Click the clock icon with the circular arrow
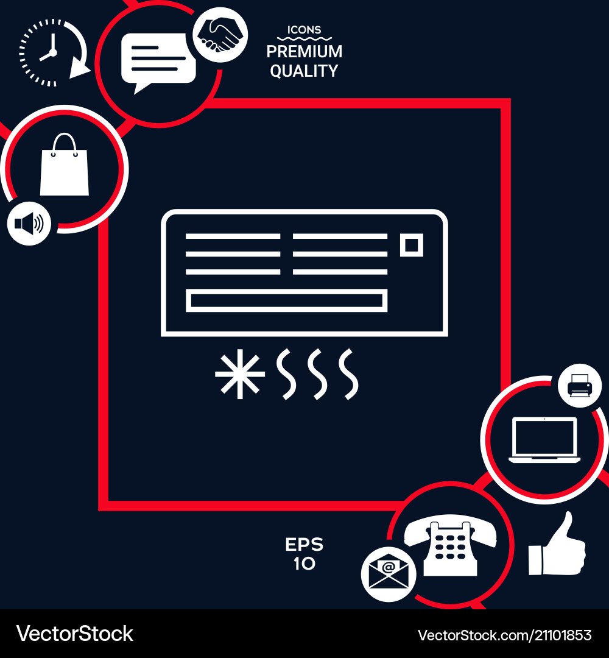coord(53,53)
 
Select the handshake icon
coord(220,35)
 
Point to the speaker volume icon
coord(29,223)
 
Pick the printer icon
coord(580,385)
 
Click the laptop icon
coord(544,440)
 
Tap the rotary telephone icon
coord(450,545)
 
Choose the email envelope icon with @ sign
coord(389,574)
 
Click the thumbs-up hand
coord(557,543)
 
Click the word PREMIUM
coord(304,52)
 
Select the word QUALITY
coord(304,71)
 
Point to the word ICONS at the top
coord(304,30)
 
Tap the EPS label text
coord(304,545)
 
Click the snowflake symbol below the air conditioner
coord(240,374)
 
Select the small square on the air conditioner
coord(412,245)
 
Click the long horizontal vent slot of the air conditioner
coord(286,300)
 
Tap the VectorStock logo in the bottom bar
coord(75,634)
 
